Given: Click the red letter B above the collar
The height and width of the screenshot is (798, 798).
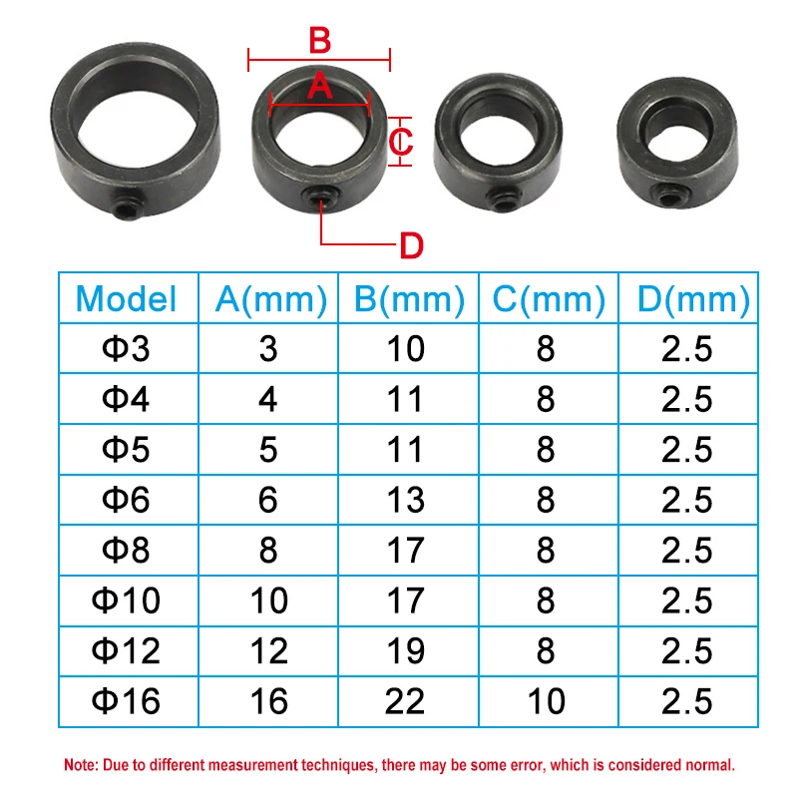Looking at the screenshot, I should [x=319, y=41].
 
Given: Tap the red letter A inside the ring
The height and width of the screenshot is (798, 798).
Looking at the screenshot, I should [x=319, y=86].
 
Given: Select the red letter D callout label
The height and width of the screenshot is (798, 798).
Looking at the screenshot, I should [x=411, y=244].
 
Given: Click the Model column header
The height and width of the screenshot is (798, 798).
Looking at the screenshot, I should [x=127, y=299].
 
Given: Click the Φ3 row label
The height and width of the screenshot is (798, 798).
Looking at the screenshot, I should [x=127, y=348].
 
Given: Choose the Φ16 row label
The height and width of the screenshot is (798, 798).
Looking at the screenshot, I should [x=127, y=701].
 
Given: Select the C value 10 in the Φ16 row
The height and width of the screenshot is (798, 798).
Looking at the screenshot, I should [x=545, y=701].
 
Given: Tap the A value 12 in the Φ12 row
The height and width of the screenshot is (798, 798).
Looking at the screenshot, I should [x=266, y=651].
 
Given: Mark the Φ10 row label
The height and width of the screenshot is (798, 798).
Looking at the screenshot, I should [x=127, y=600].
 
